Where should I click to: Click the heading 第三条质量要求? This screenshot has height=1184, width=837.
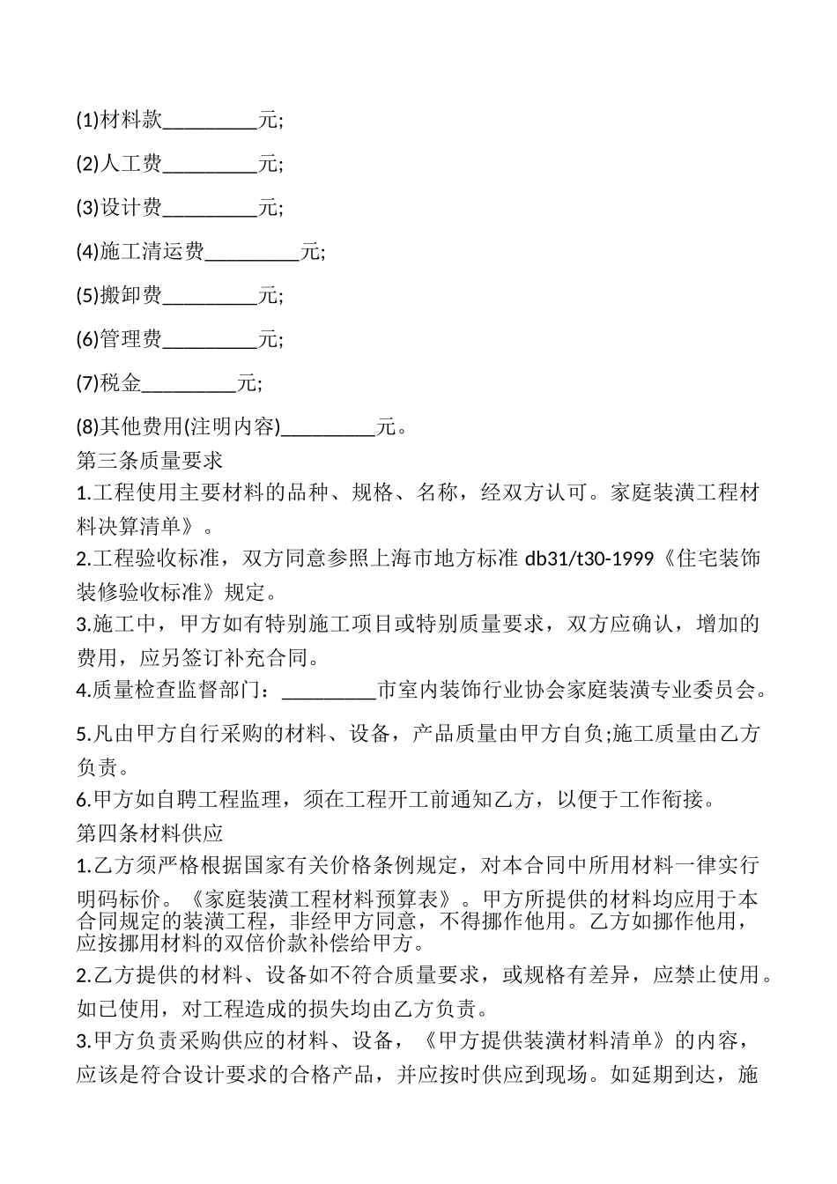[150, 460]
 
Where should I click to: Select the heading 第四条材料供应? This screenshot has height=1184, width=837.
[150, 832]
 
